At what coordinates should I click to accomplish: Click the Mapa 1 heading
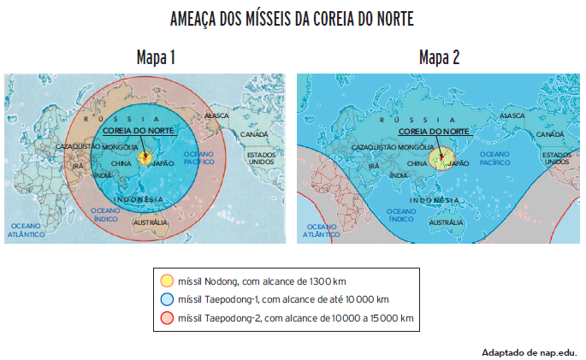tap(156, 58)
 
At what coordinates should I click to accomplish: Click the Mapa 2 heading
tap(439, 58)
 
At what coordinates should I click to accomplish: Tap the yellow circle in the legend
tap(167, 280)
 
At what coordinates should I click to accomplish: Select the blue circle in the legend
tap(167, 299)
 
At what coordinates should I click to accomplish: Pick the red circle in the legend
tap(167, 318)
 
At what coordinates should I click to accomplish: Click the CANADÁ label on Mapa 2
tap(548, 134)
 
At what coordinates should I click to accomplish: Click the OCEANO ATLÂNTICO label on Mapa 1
tap(27, 230)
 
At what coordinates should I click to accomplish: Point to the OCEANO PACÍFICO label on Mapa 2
tap(495, 157)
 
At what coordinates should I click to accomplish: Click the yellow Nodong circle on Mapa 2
tap(441, 159)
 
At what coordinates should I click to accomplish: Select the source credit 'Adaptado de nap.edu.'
tap(529, 351)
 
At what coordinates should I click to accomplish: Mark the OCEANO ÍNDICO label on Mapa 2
tap(401, 215)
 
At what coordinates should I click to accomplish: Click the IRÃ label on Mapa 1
tap(79, 166)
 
